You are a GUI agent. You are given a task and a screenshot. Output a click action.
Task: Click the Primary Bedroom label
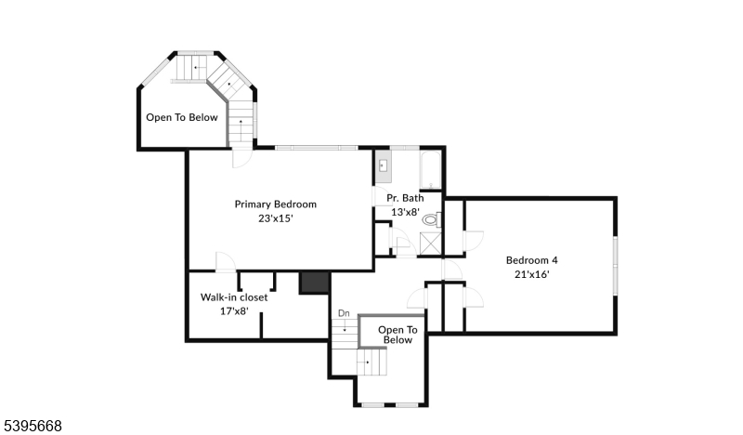tap(275, 204)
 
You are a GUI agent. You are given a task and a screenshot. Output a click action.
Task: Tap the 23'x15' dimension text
tap(275, 219)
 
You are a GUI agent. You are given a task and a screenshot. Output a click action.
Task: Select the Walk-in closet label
tap(234, 297)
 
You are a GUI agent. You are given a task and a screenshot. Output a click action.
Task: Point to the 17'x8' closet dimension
tap(234, 311)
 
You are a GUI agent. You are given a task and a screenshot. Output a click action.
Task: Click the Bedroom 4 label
tap(531, 260)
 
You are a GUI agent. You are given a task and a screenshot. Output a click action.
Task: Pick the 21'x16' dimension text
tap(531, 275)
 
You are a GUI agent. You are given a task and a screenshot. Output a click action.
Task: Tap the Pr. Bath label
tap(405, 198)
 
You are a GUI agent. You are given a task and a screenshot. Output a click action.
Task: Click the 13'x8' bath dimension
tap(405, 212)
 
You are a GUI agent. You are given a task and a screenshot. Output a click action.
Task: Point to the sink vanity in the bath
tap(383, 168)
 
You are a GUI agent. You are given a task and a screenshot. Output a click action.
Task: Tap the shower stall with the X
tap(430, 244)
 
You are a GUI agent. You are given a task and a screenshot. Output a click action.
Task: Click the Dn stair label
tap(344, 313)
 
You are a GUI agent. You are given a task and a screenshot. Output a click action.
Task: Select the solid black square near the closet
tap(315, 283)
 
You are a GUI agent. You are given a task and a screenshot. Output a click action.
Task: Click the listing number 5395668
tap(33, 426)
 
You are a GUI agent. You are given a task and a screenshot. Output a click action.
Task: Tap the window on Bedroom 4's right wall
tap(614, 265)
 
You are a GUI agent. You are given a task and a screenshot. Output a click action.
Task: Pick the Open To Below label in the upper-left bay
tap(182, 118)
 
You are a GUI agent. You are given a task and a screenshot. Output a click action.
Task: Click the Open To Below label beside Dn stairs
tap(398, 335)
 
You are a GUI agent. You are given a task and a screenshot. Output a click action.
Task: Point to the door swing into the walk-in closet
tap(225, 262)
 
